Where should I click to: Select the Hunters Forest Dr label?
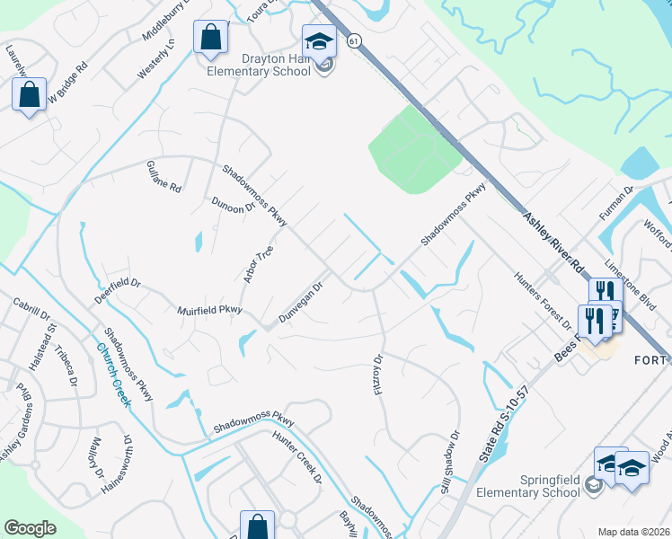click(x=544, y=300)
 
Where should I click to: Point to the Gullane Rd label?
click(x=164, y=177)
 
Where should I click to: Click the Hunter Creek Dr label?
click(x=297, y=455)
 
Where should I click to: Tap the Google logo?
click(x=30, y=527)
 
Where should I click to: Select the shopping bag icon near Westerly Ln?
click(x=210, y=39)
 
